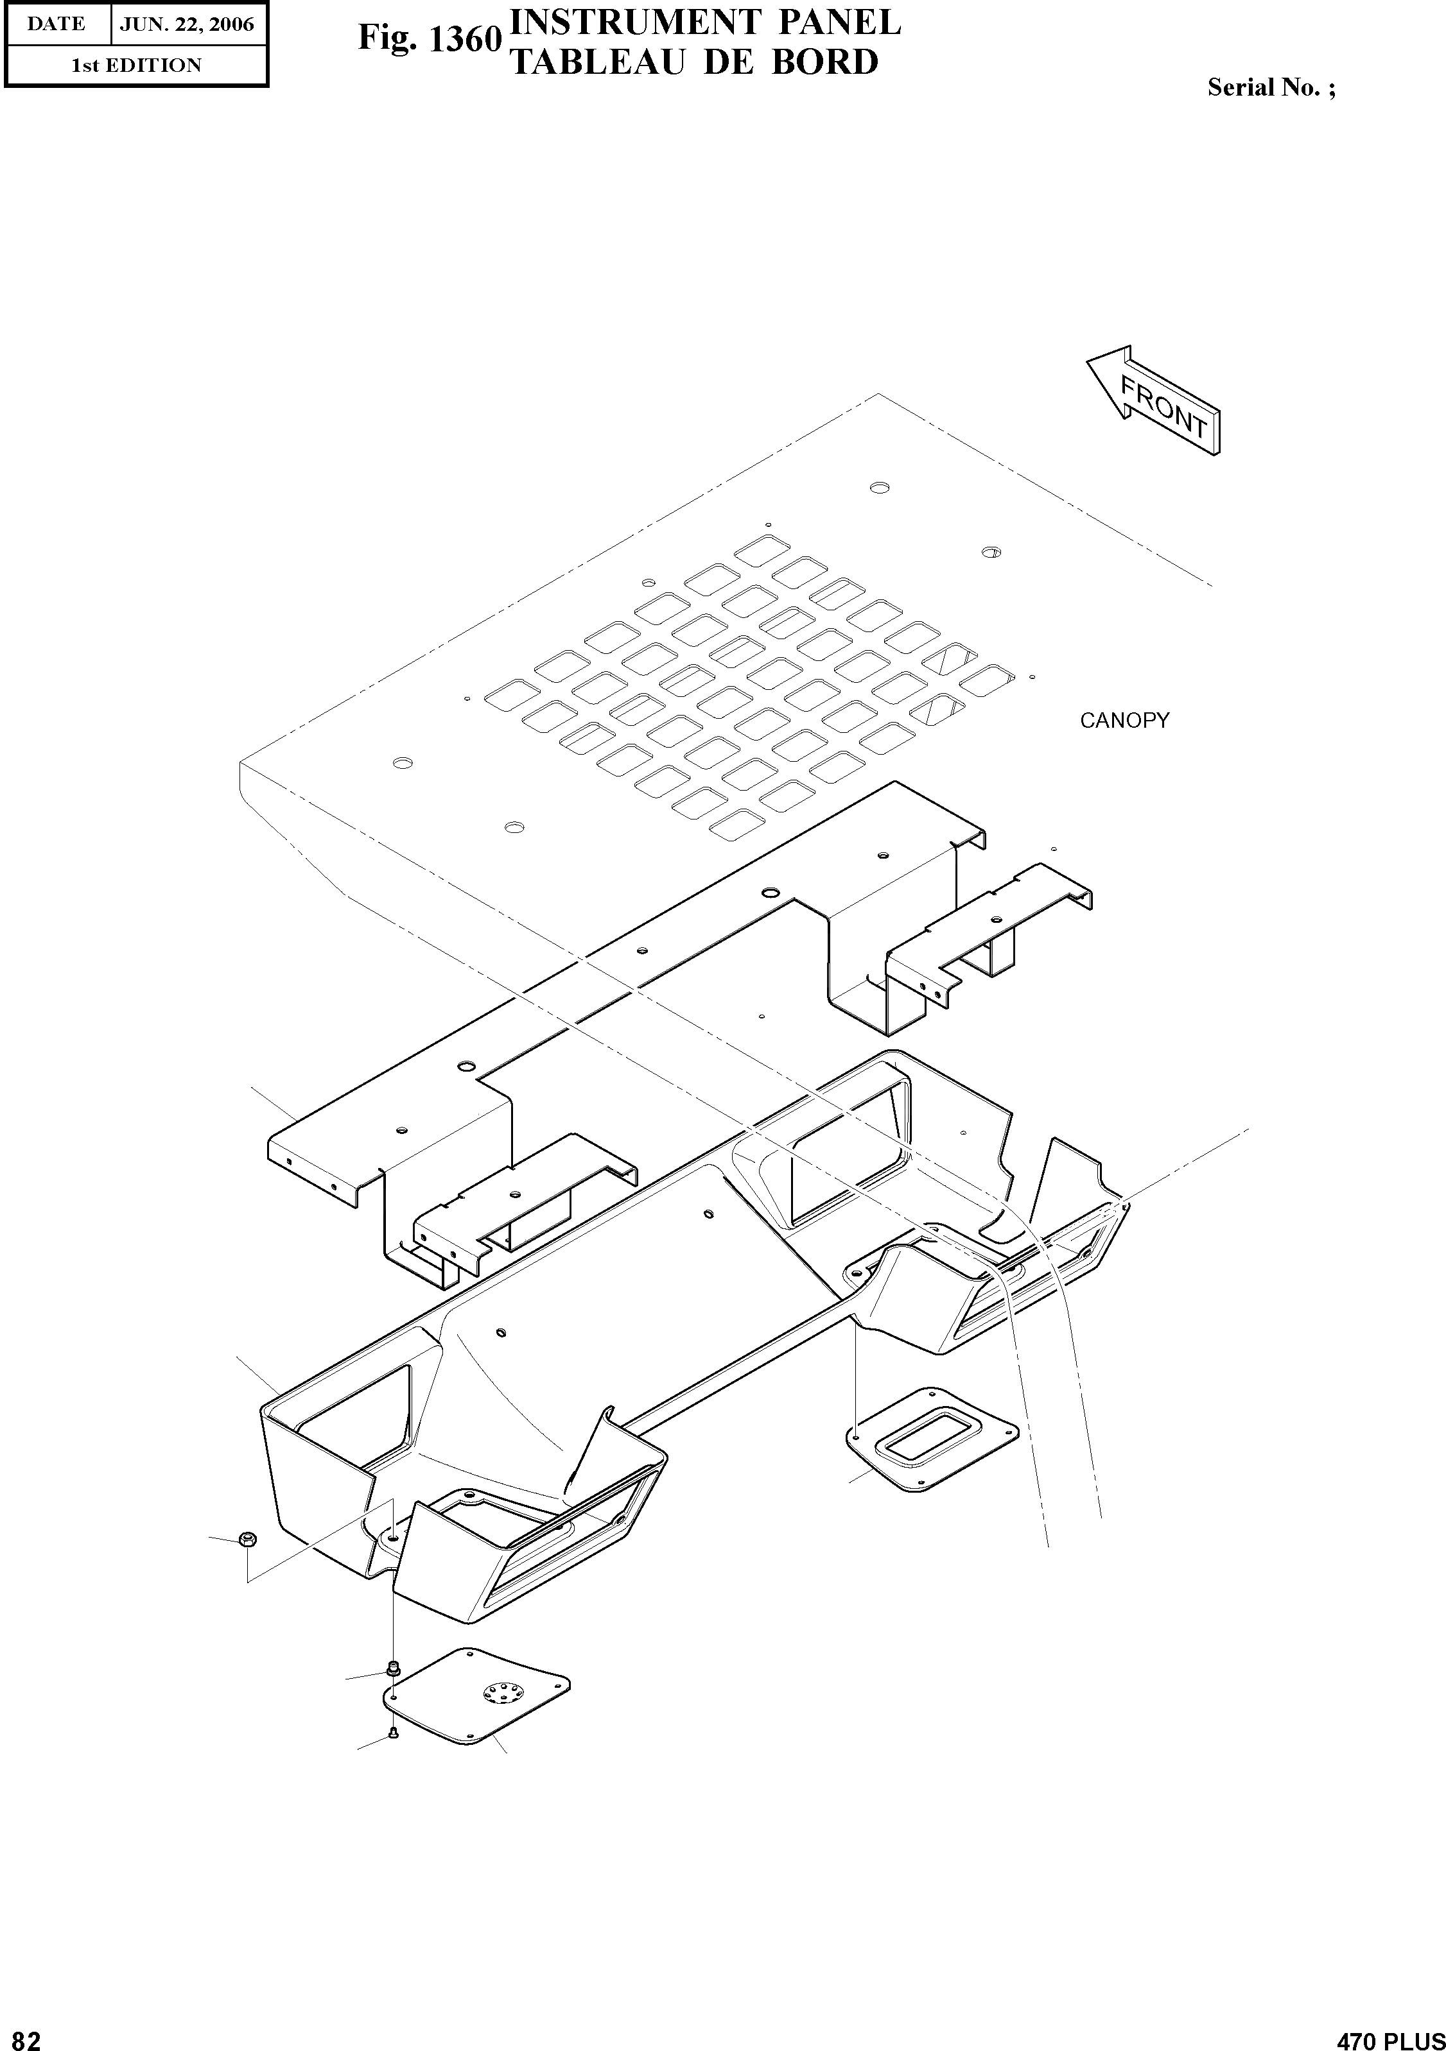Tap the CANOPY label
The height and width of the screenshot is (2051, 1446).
[x=1124, y=721]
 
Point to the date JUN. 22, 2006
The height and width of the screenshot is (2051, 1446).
[x=187, y=25]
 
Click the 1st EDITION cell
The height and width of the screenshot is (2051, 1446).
[x=136, y=65]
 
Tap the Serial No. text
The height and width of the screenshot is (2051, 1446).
[x=1271, y=87]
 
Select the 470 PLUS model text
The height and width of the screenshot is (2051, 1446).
[x=1389, y=2038]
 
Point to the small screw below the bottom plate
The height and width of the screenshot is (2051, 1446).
[x=393, y=1734]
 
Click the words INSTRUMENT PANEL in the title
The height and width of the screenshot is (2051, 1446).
[x=703, y=21]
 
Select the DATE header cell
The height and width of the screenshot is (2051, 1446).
[x=57, y=25]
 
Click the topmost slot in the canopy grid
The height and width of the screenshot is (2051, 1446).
[x=762, y=549]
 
